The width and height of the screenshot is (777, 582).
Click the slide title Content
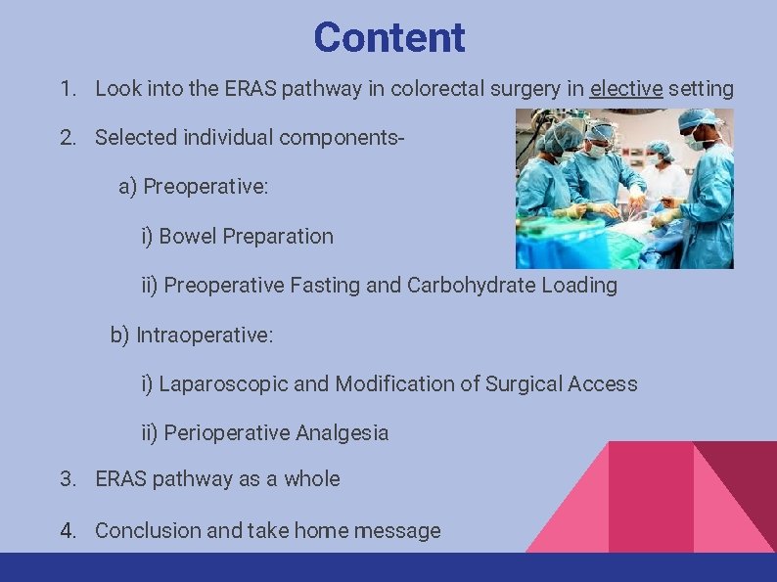click(388, 38)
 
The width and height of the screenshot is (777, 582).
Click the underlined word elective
click(626, 89)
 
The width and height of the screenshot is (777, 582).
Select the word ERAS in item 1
click(251, 89)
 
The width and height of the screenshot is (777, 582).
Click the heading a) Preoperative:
click(193, 187)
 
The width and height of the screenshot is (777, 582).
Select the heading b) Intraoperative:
click(192, 336)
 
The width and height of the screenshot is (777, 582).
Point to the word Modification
click(396, 384)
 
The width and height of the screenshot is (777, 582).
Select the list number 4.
click(68, 531)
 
